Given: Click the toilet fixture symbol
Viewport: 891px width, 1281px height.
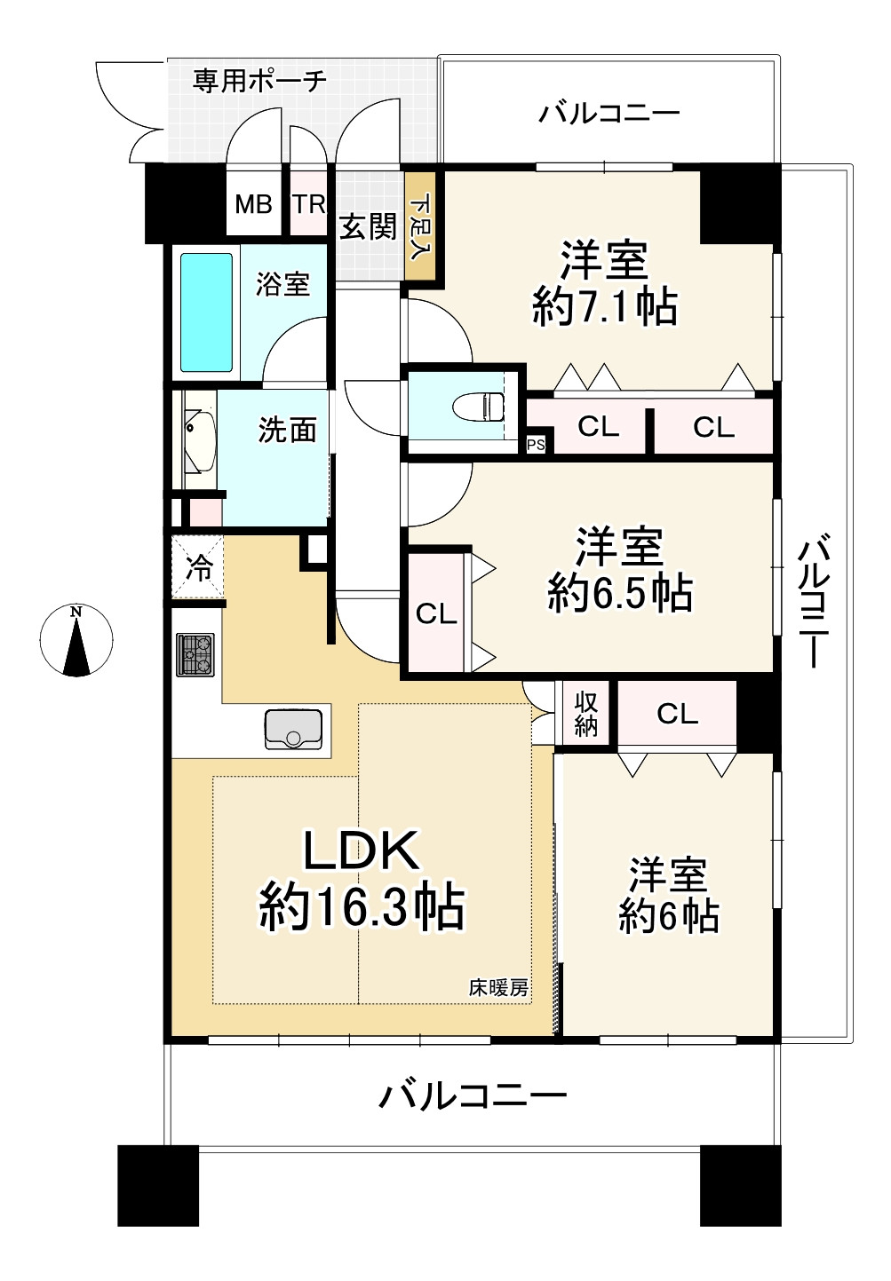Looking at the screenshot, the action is [478, 407].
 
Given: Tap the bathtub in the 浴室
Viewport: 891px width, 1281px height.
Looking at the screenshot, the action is [206, 312].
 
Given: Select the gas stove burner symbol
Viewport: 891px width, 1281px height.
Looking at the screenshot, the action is [195, 655].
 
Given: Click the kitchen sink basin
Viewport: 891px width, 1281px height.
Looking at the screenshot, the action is [292, 729].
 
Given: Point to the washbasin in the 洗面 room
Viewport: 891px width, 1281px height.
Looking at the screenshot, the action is [199, 439].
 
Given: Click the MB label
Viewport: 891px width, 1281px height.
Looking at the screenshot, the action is [253, 204].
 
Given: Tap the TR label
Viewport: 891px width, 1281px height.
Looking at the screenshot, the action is [309, 204].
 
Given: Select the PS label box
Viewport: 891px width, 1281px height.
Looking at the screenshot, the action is [537, 445].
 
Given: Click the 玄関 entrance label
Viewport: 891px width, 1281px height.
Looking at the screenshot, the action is [368, 227].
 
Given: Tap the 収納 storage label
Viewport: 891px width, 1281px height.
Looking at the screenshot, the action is [586, 714].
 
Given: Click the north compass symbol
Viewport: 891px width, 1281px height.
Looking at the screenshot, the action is [76, 639].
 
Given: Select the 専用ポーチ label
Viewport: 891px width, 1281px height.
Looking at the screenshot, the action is [259, 81].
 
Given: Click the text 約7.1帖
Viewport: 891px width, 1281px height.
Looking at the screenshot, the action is [605, 308].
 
